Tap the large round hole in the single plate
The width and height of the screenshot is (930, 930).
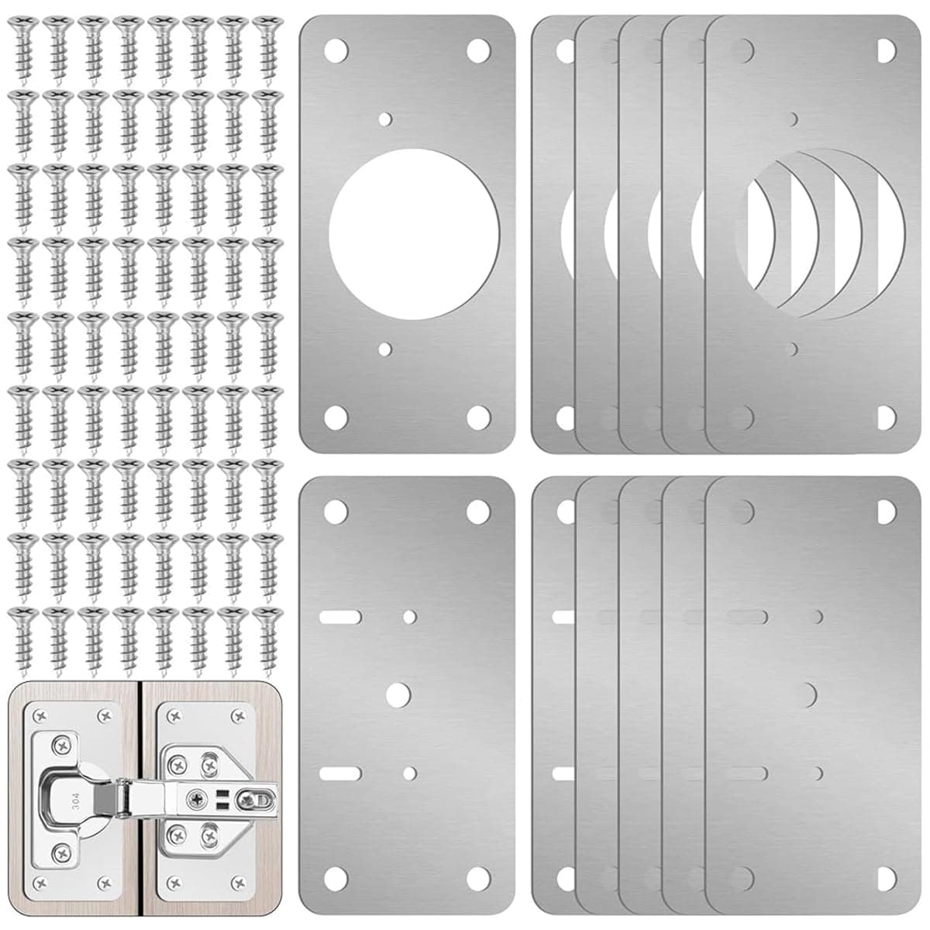point(414,232)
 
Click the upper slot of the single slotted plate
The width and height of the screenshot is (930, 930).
point(339,617)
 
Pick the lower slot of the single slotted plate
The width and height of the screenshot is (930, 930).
point(339,773)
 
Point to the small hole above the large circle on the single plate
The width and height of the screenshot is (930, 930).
point(386,119)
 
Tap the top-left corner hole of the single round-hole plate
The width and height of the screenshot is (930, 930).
point(336,51)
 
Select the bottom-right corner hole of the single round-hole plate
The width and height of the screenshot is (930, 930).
point(477,416)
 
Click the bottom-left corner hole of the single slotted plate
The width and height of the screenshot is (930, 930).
point(335,877)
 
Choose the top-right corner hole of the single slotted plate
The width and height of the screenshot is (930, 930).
point(477,511)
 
